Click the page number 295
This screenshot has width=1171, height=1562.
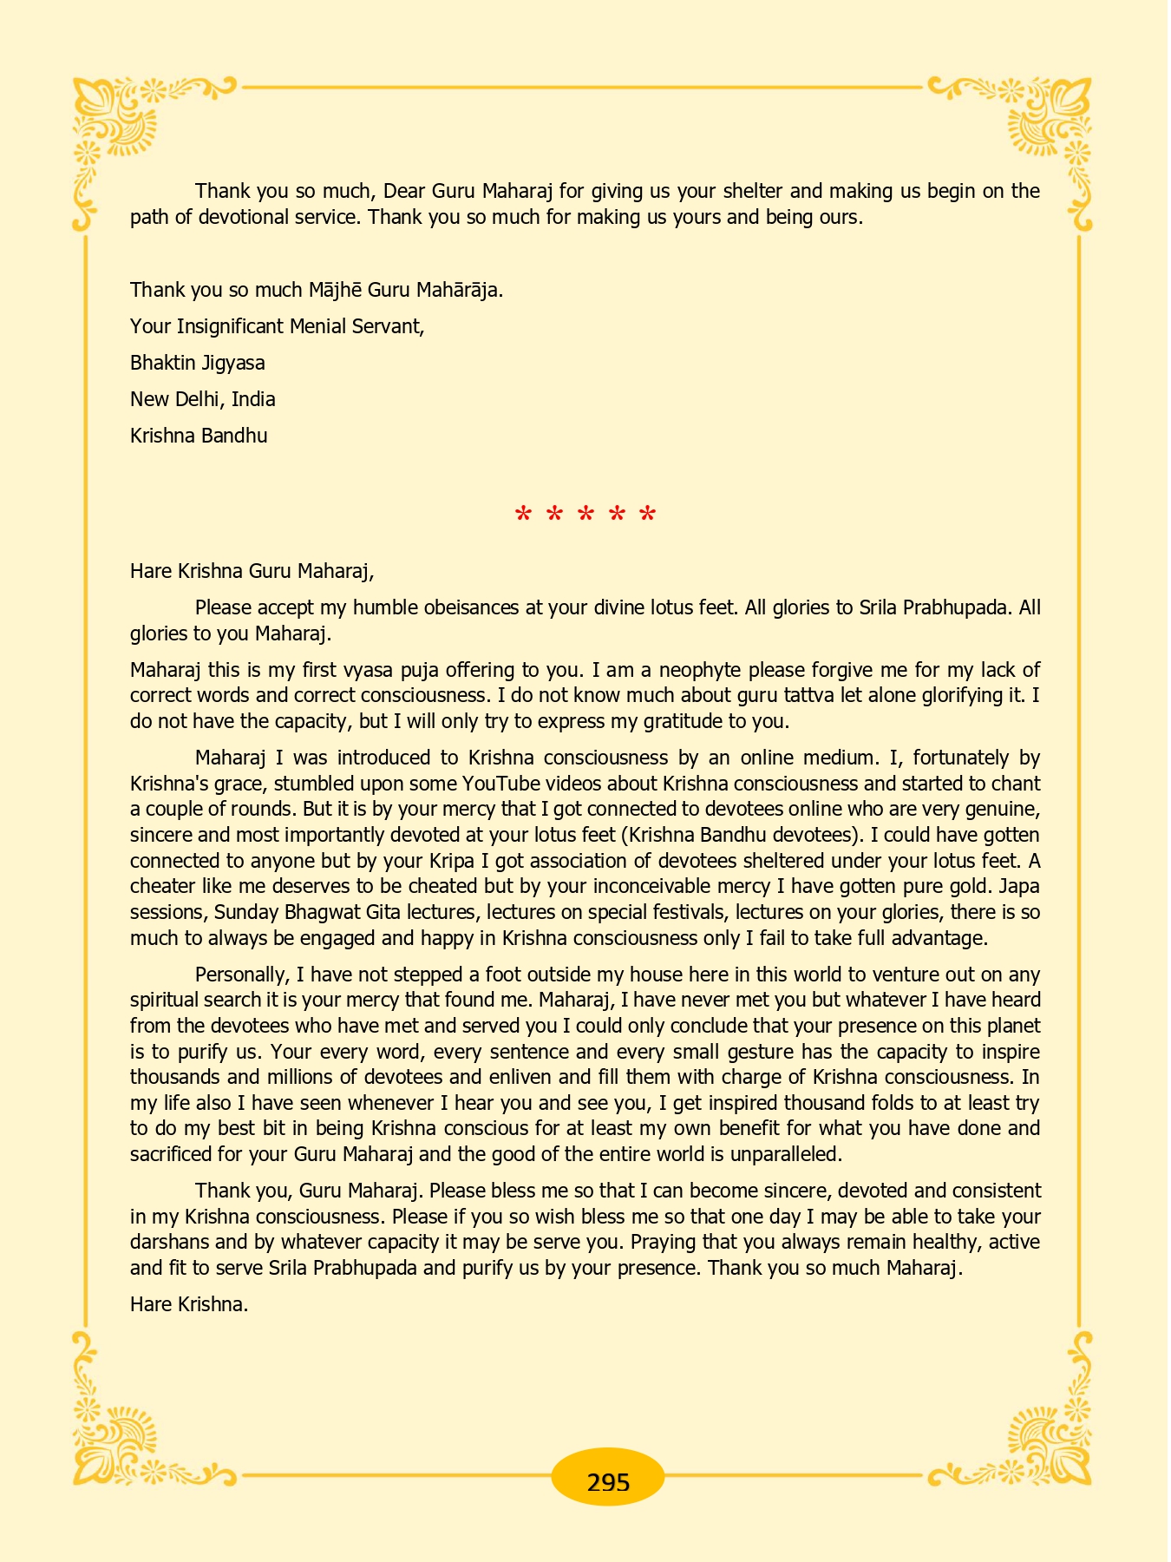pyautogui.click(x=608, y=1482)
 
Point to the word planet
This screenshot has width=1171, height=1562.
pyautogui.click(x=1011, y=1026)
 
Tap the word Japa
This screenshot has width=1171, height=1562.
pyautogui.click(x=1020, y=887)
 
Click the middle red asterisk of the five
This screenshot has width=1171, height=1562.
pyautogui.click(x=585, y=515)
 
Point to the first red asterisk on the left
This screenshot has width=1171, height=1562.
pyautogui.click(x=523, y=515)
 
